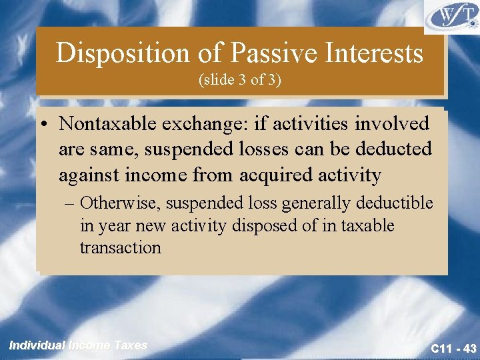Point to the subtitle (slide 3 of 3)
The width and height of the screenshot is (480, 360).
(x=239, y=80)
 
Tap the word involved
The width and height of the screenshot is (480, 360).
(x=392, y=124)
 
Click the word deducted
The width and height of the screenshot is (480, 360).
(x=395, y=149)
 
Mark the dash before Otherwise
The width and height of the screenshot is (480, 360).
(x=72, y=203)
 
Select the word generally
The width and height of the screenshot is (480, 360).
(x=305, y=203)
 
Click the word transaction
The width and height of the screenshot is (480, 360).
(x=121, y=248)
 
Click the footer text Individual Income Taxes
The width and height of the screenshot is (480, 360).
(x=78, y=345)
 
